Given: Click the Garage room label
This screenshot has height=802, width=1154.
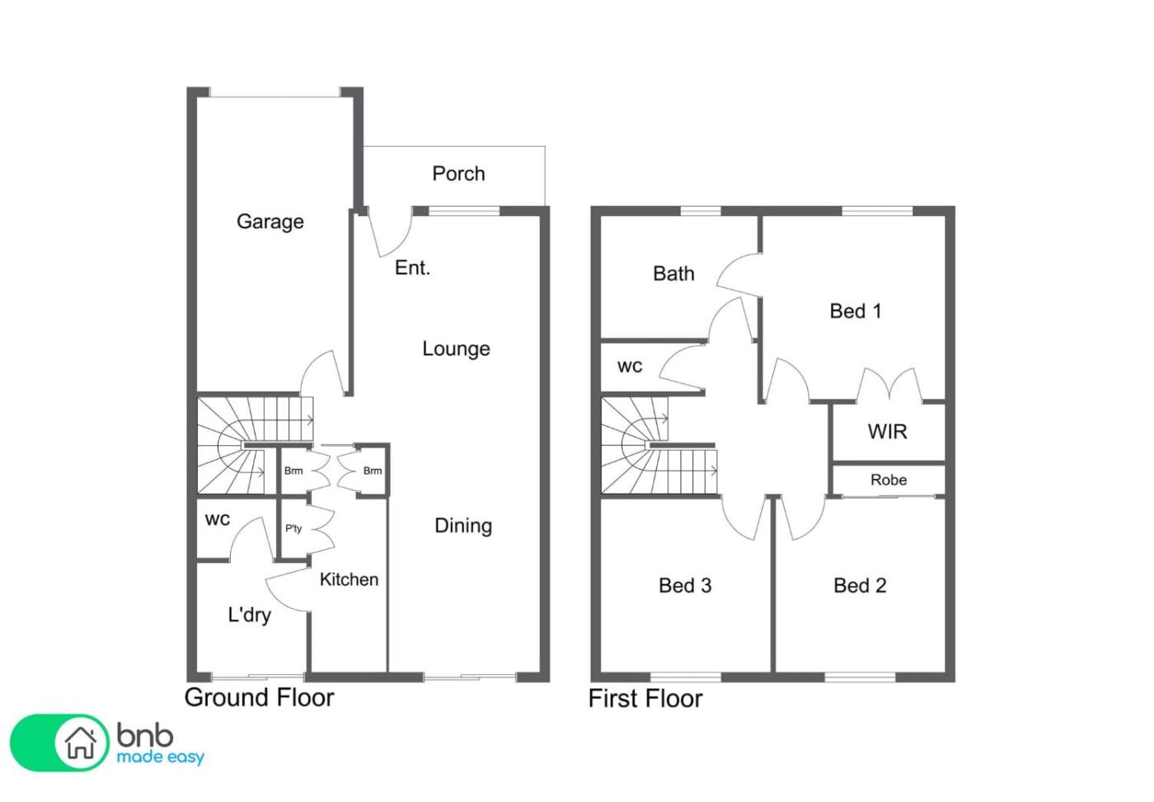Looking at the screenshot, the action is pos(270,222).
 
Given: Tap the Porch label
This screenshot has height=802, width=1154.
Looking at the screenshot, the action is pos(458,174).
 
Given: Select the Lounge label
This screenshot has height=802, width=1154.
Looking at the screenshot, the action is pos(456,349).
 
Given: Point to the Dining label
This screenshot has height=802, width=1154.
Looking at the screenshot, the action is pos(463,526).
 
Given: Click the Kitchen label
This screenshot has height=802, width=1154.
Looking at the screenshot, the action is pos(349,579).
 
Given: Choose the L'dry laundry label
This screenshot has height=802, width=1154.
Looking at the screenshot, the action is pos(249,615).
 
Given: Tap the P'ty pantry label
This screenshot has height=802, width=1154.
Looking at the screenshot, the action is pos(293,528).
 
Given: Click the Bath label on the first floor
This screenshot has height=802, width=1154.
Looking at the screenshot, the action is pos(673,274).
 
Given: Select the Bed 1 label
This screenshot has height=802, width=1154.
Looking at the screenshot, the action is pos(856,311).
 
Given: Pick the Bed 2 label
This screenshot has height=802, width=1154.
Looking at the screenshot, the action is pos(860,586).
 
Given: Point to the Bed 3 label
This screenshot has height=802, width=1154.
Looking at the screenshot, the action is pos(685,586).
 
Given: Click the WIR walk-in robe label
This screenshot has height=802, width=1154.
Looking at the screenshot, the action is pos(887,432).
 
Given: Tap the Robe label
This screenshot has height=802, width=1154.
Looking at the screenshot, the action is pos(889,480).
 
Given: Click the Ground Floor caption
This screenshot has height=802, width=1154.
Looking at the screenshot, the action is pos(259,697).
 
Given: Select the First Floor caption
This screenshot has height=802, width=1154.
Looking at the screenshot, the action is pos(645,699).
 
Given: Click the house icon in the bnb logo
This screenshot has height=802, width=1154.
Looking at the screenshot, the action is pos(81,743).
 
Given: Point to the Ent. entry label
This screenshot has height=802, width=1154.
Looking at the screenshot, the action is pos(412,268).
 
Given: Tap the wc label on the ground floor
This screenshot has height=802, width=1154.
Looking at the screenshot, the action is pos(218,520).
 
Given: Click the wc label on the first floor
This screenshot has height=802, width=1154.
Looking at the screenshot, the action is pos(630,367).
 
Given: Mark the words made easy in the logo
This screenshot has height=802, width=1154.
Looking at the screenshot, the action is pos(160,757).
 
